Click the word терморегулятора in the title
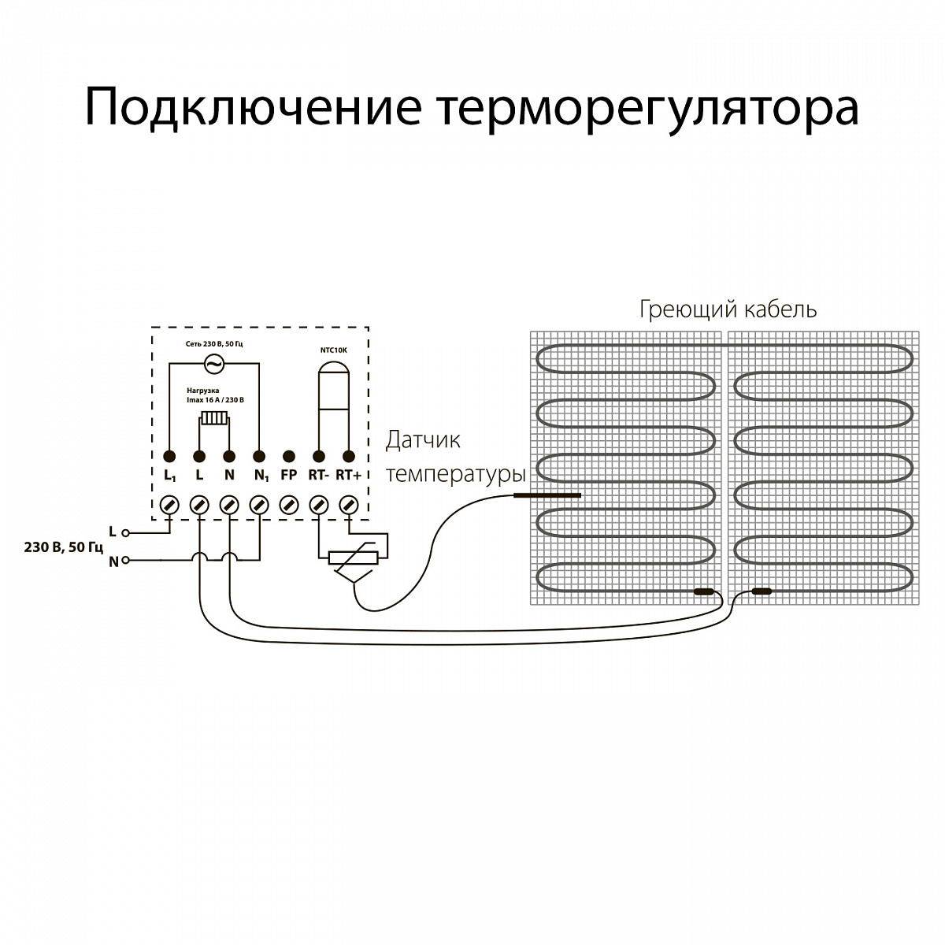pos(645,108)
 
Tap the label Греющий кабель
pos(728,309)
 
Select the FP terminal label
pos(288,475)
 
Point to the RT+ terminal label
pos(348,475)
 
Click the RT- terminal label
pos(318,475)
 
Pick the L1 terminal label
pos(169,476)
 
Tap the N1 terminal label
pos(261,476)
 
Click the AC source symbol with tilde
pos(213,364)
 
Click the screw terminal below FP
pos(289,504)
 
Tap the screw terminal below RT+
pos(349,504)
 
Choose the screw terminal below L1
pos(169,504)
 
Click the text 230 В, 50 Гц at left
pos(64,547)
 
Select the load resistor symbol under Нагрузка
pos(213,418)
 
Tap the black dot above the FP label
pos(289,456)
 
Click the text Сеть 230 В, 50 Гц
pos(213,344)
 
